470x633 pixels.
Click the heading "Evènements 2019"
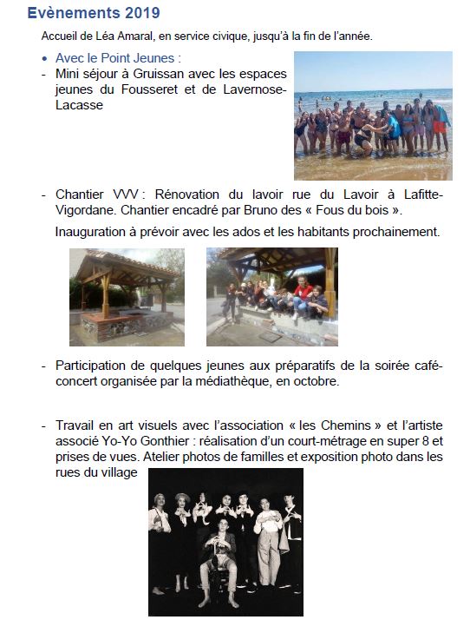coord(94,14)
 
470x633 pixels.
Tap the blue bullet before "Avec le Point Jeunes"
coord(46,59)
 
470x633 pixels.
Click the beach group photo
coord(373,115)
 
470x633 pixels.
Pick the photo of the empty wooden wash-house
coord(127,296)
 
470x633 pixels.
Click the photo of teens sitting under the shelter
coord(271,296)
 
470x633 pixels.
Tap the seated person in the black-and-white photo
coord(219,556)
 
